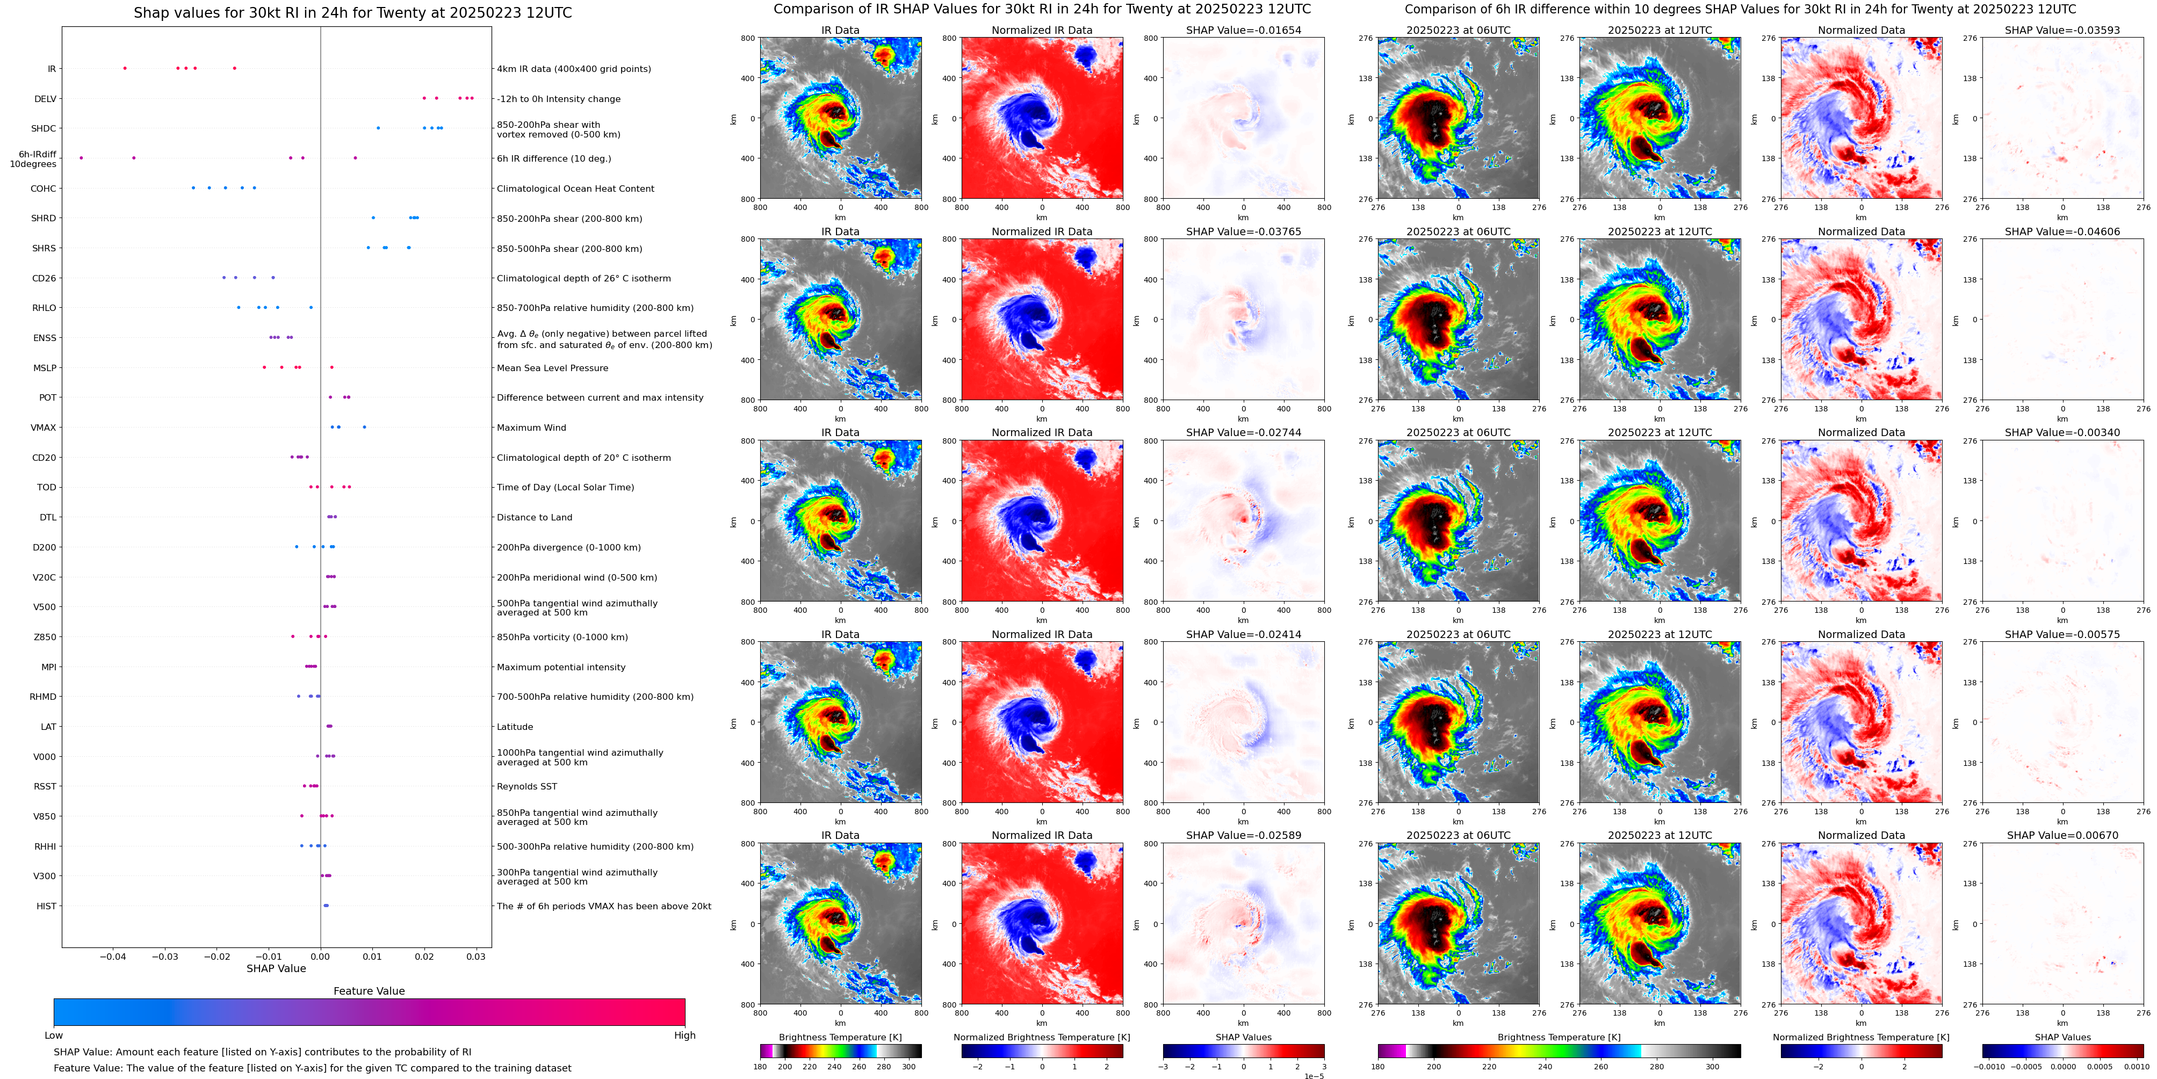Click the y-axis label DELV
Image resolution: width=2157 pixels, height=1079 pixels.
click(x=45, y=99)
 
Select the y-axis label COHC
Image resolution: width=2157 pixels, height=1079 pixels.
click(x=44, y=189)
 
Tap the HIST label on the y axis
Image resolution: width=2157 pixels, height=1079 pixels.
click(x=46, y=906)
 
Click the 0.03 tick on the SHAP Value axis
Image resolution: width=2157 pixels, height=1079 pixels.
click(x=475, y=956)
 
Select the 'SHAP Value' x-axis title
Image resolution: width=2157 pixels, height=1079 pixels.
click(x=276, y=968)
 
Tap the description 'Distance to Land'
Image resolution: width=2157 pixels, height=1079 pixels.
click(x=534, y=517)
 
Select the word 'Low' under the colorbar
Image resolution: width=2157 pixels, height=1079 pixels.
click(x=54, y=1035)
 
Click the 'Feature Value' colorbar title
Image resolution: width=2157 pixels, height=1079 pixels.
click(x=369, y=991)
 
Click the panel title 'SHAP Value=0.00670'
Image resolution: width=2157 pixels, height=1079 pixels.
click(x=2062, y=835)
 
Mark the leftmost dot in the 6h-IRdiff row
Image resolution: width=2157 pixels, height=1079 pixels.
click(x=81, y=157)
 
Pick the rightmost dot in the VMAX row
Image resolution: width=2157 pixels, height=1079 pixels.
click(x=364, y=427)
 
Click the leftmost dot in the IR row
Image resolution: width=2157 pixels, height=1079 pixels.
click(x=125, y=68)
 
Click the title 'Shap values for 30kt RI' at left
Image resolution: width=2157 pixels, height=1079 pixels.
click(x=352, y=12)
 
